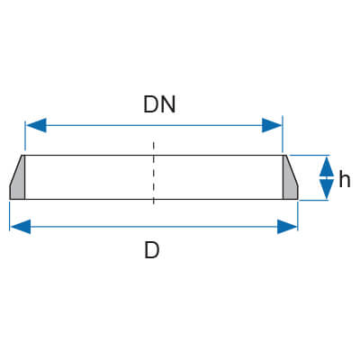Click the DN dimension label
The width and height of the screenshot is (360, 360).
pyautogui.click(x=159, y=104)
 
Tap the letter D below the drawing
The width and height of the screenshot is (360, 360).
pyautogui.click(x=152, y=250)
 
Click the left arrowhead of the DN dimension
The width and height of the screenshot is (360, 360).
pyautogui.click(x=36, y=125)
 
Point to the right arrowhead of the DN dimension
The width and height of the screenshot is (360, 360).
pyautogui.click(x=272, y=125)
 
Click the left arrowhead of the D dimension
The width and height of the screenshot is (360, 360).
pyautogui.click(x=21, y=227)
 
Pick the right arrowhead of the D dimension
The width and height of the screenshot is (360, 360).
pyautogui.click(x=287, y=227)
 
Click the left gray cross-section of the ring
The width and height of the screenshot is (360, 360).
pyautogui.click(x=19, y=183)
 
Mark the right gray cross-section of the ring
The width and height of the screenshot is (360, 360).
pyautogui.click(x=289, y=183)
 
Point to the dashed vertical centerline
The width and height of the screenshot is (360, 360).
pyautogui.click(x=153, y=173)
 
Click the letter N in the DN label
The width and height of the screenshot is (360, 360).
pyautogui.click(x=168, y=104)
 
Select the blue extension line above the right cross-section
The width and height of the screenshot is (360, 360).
pyautogui.click(x=283, y=134)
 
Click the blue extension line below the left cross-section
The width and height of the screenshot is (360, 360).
pyautogui.click(x=10, y=216)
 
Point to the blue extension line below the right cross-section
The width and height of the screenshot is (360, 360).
pyautogui.click(x=298, y=216)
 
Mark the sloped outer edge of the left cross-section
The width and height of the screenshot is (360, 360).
pyautogui.click(x=16, y=170)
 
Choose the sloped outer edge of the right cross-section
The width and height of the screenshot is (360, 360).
pyautogui.click(x=292, y=170)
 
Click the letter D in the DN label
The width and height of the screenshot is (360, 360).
pyautogui.click(x=151, y=104)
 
